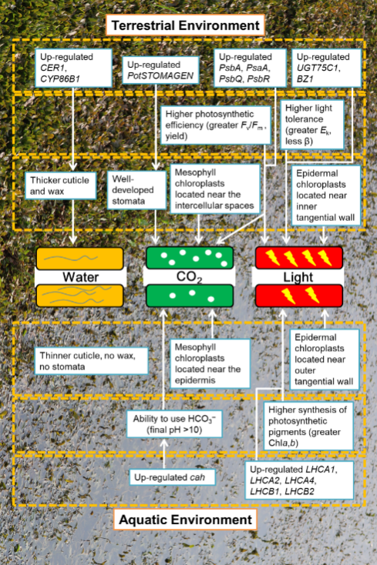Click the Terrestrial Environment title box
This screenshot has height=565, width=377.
185,25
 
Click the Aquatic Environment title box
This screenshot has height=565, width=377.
185,520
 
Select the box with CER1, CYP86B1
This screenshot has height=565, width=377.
73,68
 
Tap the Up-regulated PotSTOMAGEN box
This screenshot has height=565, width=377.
160,70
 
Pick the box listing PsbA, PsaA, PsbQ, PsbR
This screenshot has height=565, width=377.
250,68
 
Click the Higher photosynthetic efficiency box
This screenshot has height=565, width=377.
216,125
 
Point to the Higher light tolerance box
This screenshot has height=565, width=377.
312,124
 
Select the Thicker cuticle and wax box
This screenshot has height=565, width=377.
61,186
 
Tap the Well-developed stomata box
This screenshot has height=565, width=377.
136,190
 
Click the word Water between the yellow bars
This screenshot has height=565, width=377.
80,277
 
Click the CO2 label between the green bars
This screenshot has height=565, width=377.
189,277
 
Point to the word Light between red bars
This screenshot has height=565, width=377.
298,277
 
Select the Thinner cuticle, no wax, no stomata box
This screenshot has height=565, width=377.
91,361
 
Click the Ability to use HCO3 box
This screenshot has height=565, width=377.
174,424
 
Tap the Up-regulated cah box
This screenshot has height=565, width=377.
172,477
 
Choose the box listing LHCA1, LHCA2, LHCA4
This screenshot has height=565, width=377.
299,480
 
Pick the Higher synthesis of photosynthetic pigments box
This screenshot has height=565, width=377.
308,426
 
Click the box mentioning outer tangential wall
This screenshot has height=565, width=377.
325,359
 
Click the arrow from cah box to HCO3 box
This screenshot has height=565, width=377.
164,453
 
